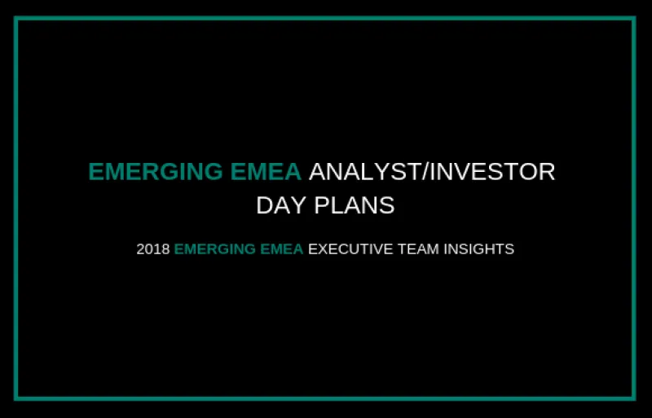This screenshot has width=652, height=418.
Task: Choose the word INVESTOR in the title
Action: [x=490, y=172]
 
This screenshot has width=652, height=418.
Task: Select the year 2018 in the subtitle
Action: [x=152, y=249]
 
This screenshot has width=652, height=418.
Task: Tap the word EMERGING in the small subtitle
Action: [x=214, y=249]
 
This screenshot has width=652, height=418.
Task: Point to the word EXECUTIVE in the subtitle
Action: [x=347, y=249]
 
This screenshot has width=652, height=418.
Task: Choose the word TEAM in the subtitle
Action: [x=411, y=249]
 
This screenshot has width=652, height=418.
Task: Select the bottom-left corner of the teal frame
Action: [x=16, y=398]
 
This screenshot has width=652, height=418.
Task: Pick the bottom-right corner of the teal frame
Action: [x=634, y=398]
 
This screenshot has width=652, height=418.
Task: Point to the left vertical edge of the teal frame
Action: [x=16, y=209]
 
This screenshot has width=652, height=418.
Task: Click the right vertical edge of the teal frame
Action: [x=634, y=209]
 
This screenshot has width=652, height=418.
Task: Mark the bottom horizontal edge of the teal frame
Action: [x=326, y=398]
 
